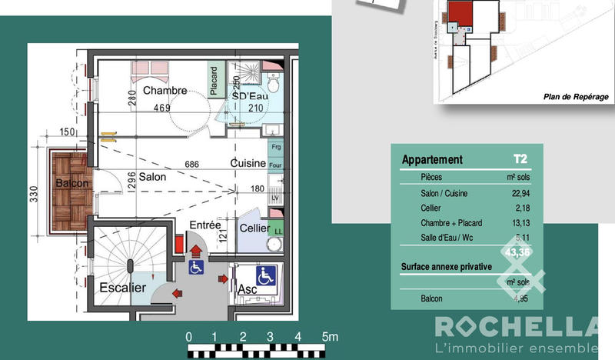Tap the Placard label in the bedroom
click(x=214, y=80)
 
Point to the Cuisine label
click(x=248, y=163)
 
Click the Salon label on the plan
click(x=152, y=176)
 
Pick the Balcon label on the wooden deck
click(x=72, y=184)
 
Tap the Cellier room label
click(x=254, y=228)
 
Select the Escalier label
click(x=122, y=288)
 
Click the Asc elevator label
click(x=247, y=288)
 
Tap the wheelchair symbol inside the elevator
click(x=266, y=275)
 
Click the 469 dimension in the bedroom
click(x=161, y=108)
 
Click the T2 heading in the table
click(x=521, y=160)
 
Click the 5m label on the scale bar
click(x=329, y=337)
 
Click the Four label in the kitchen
click(x=275, y=165)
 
